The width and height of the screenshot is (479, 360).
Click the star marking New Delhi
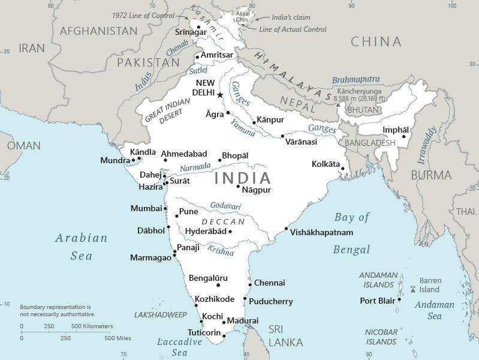(x=220, y=95)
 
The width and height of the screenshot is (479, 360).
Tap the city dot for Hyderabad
(x=230, y=232)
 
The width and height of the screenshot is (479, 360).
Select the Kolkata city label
(x=326, y=164)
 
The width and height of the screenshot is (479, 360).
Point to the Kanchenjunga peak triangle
(x=338, y=104)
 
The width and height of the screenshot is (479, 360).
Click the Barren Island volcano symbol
(x=412, y=289)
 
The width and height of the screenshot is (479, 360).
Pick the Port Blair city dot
(x=399, y=301)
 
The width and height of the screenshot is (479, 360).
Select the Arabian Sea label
(x=82, y=247)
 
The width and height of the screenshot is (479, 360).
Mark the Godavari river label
(x=225, y=206)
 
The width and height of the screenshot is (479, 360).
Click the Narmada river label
(x=195, y=166)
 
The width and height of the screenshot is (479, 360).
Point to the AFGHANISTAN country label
(x=99, y=31)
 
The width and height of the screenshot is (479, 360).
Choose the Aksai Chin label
(x=243, y=16)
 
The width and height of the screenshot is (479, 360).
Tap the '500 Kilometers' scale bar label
(x=92, y=326)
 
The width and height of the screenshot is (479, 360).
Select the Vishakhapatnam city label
(x=321, y=233)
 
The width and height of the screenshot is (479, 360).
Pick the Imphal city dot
(x=403, y=136)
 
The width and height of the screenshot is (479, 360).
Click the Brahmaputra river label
(x=356, y=79)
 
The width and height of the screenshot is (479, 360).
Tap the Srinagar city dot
(x=198, y=27)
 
